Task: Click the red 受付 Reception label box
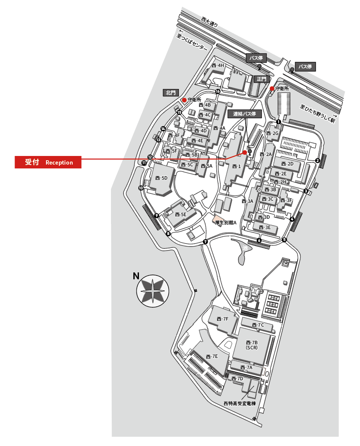click(x=48, y=162)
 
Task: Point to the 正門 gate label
click(x=262, y=79)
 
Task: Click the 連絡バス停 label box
click(x=244, y=114)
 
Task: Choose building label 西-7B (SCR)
click(x=252, y=345)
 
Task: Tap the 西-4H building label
click(x=218, y=65)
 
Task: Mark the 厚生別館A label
click(x=226, y=222)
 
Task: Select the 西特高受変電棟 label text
click(x=240, y=404)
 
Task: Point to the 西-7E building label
click(x=212, y=356)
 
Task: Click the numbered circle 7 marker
click(x=206, y=242)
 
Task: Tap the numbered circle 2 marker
click(x=317, y=161)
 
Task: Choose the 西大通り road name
click(x=209, y=21)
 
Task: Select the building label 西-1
click(x=237, y=166)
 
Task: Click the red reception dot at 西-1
click(x=245, y=152)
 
